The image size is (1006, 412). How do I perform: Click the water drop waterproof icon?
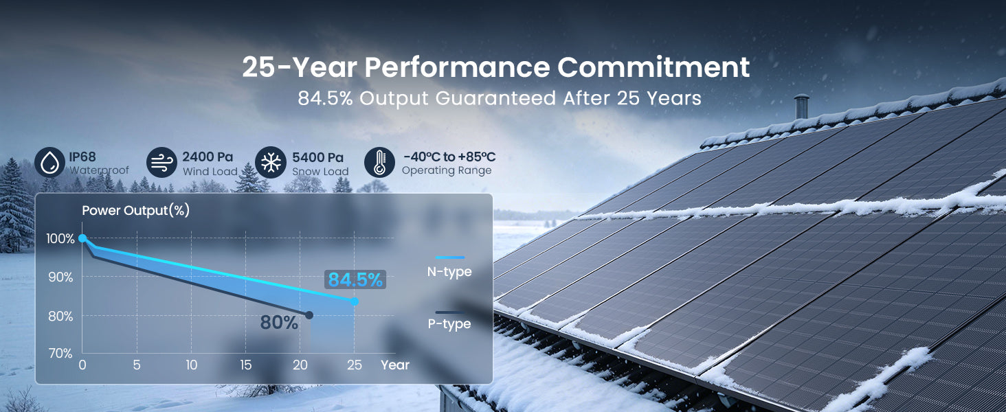[x=49, y=163]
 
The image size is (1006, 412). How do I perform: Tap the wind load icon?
[x=161, y=163]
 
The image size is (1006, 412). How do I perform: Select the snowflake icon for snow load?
[x=271, y=163]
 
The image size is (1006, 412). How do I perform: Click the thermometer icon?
[x=379, y=163]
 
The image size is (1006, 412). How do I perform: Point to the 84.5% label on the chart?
[x=355, y=279]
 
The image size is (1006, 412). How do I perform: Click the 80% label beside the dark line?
[x=279, y=322]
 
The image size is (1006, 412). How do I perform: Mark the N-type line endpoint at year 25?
[x=355, y=301]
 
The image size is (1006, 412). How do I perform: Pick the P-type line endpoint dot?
[x=309, y=315]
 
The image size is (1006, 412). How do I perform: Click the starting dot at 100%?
[x=82, y=238]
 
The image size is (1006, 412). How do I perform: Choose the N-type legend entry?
[x=449, y=266]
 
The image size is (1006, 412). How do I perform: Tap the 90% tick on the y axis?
[x=60, y=277]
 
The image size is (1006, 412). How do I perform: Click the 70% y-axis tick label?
[x=60, y=354]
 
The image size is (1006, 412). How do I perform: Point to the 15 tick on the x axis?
[x=246, y=365]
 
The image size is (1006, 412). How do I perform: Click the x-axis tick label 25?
[x=355, y=365]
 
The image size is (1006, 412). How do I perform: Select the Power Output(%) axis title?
[x=135, y=211]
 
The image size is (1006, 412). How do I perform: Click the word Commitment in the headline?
[x=653, y=67]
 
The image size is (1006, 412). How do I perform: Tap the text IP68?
[x=82, y=157]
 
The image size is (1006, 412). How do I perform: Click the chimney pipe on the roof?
[x=801, y=106]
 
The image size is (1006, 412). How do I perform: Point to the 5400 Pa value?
[x=317, y=157]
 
